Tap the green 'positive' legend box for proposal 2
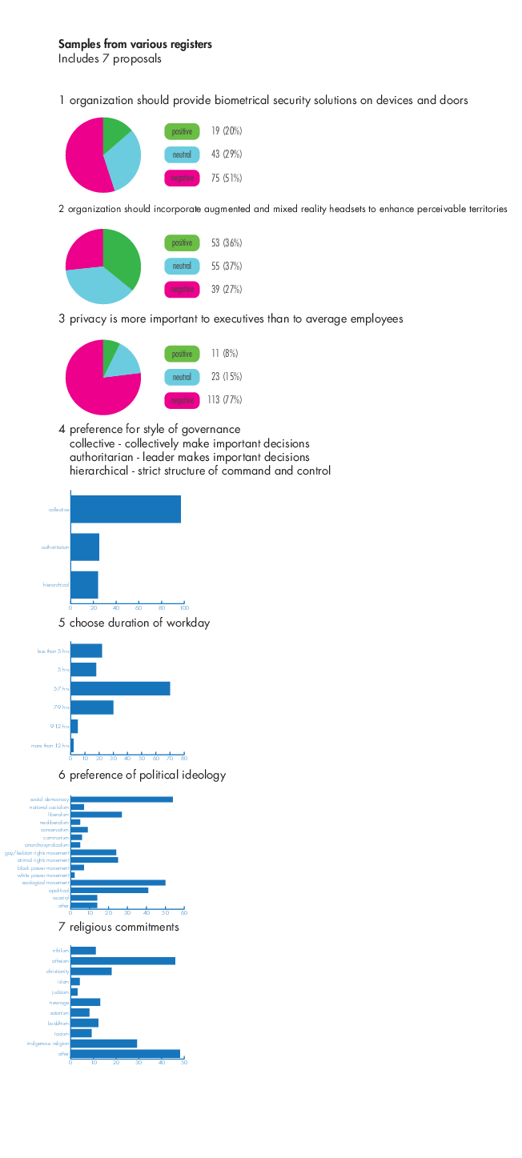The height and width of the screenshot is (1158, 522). tap(182, 242)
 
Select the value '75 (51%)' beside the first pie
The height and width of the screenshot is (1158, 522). tap(227, 178)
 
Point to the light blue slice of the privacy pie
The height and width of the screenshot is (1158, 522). tap(125, 362)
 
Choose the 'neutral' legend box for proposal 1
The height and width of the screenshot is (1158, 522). tap(182, 154)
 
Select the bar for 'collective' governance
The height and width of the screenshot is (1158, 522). tap(126, 510)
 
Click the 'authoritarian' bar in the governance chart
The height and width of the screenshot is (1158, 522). tap(85, 547)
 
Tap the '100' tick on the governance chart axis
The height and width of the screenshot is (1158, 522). tap(184, 607)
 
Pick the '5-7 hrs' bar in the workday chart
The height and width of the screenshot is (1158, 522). tap(120, 688)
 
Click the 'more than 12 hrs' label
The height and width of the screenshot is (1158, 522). tap(51, 746)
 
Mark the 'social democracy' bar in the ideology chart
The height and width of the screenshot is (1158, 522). tap(122, 799)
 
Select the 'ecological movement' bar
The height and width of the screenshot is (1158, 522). tap(118, 883)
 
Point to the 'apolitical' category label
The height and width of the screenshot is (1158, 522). tap(58, 891)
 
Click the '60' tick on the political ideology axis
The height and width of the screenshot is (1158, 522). tap(184, 912)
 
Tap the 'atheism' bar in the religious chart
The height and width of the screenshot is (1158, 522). tap(122, 961)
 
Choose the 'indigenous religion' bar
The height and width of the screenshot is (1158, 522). tap(104, 1044)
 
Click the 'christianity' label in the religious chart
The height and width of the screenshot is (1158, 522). tap(57, 972)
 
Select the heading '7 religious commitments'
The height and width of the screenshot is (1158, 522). tap(118, 928)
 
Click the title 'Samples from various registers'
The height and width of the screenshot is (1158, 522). tap(135, 44)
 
